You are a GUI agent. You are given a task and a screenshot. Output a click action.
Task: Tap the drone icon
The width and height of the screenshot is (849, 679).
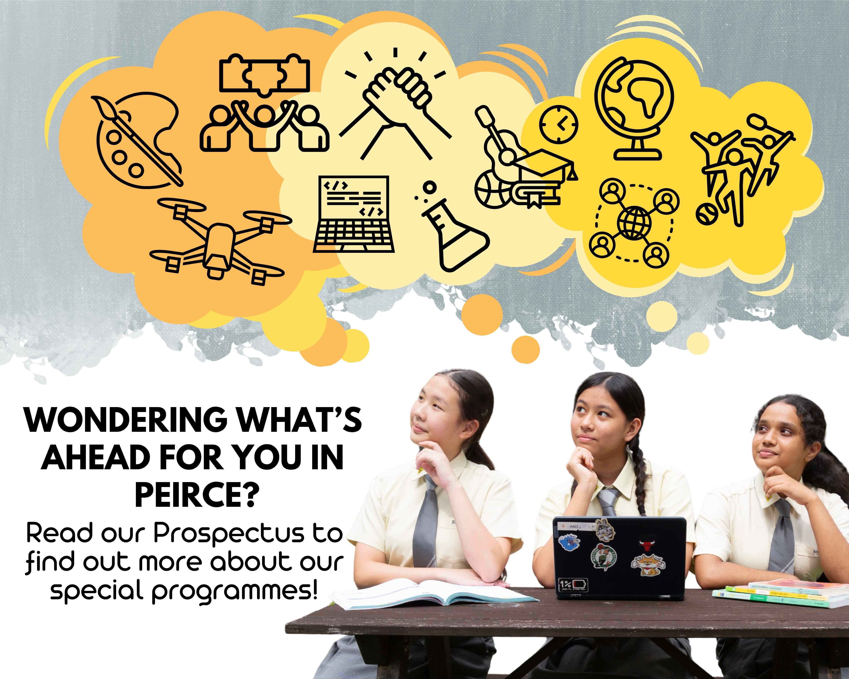tap(217, 240)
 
